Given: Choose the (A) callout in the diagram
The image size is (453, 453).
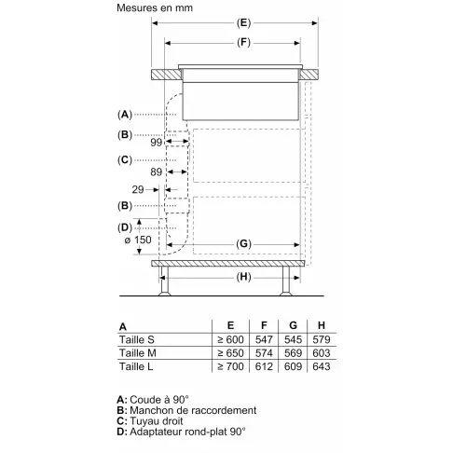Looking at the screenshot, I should (x=125, y=114).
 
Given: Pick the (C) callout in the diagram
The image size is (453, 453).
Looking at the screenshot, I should (x=125, y=160).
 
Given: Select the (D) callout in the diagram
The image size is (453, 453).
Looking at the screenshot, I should (x=125, y=226).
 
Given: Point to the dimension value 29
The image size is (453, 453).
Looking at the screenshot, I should (x=138, y=189).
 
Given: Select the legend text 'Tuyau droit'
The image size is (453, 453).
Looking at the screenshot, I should (x=160, y=421).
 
